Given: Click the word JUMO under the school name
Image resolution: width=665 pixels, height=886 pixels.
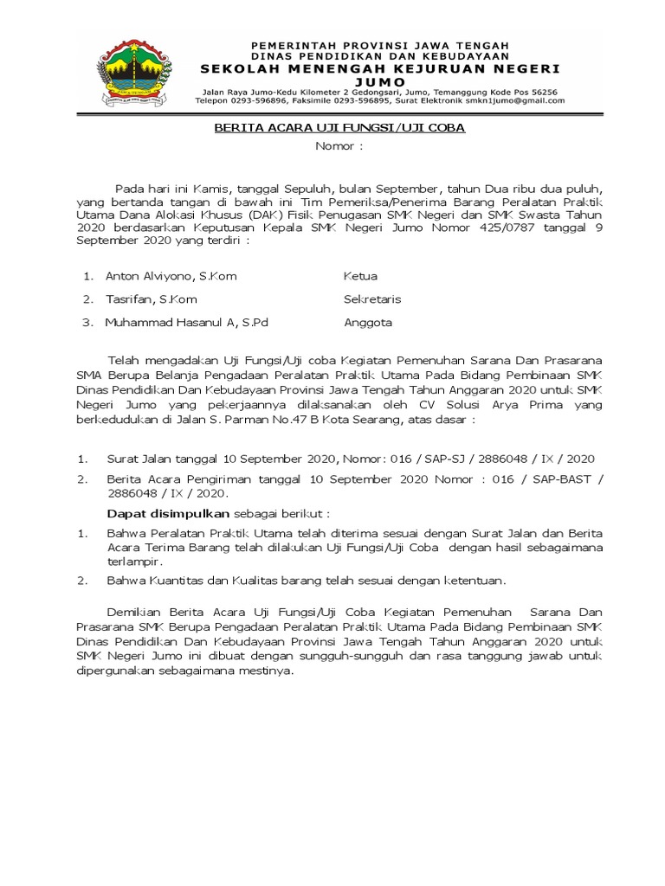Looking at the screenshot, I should pyautogui.click(x=380, y=81).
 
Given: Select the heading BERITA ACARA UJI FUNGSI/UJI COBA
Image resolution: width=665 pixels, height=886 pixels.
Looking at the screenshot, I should pyautogui.click(x=340, y=128).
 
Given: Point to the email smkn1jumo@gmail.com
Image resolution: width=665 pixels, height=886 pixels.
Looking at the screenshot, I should pyautogui.click(x=518, y=100).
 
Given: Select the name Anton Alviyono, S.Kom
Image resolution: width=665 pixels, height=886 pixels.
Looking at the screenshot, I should pyautogui.click(x=171, y=276).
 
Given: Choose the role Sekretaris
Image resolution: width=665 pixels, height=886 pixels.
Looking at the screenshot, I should pyautogui.click(x=372, y=299).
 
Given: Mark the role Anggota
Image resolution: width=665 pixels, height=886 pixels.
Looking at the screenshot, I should pyautogui.click(x=368, y=323).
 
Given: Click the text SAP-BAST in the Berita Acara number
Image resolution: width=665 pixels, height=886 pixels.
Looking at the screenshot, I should pyautogui.click(x=547, y=478).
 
